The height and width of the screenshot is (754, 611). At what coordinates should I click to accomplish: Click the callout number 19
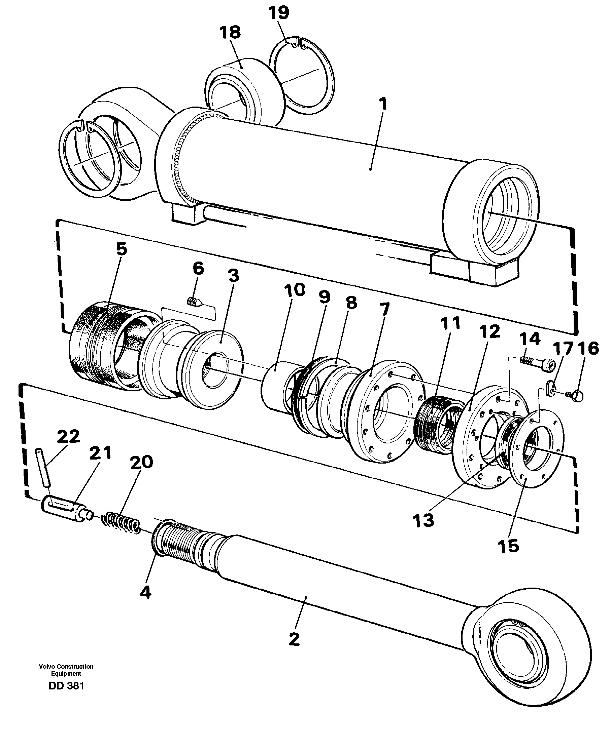point(278,13)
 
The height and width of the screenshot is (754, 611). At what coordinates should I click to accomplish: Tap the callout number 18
point(230,32)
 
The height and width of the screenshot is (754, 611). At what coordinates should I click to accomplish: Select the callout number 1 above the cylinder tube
point(382,104)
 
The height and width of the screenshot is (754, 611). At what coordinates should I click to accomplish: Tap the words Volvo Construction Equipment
point(66,670)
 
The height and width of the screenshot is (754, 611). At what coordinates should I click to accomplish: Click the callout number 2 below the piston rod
point(294,639)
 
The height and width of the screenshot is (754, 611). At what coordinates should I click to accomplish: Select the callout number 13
point(423,521)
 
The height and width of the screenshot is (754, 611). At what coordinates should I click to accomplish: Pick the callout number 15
point(508,546)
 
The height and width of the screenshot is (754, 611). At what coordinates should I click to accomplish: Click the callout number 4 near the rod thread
point(145,592)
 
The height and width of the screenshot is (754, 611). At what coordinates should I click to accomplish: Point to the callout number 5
point(122,249)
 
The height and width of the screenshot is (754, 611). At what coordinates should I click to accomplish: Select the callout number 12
point(489,331)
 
